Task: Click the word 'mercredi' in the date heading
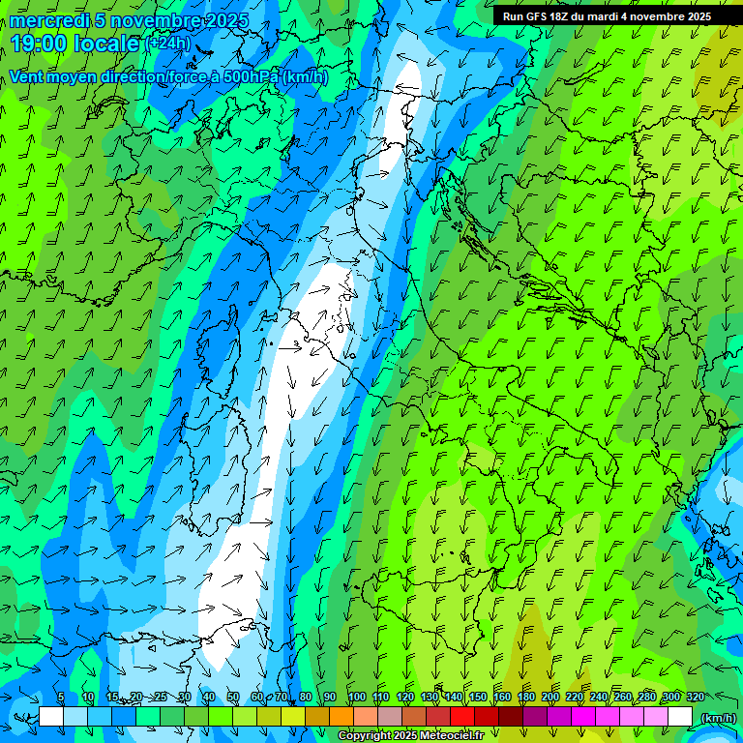(43, 20)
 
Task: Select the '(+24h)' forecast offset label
(167, 44)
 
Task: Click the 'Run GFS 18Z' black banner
(607, 16)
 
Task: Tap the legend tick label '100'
(357, 697)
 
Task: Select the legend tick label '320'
(695, 697)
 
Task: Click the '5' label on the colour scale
(61, 697)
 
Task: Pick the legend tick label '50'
(233, 697)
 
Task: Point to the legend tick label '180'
(526, 697)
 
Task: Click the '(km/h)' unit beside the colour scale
(717, 718)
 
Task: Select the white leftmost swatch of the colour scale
(51, 717)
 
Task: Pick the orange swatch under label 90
(342, 717)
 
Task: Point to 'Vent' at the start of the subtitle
(27, 77)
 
